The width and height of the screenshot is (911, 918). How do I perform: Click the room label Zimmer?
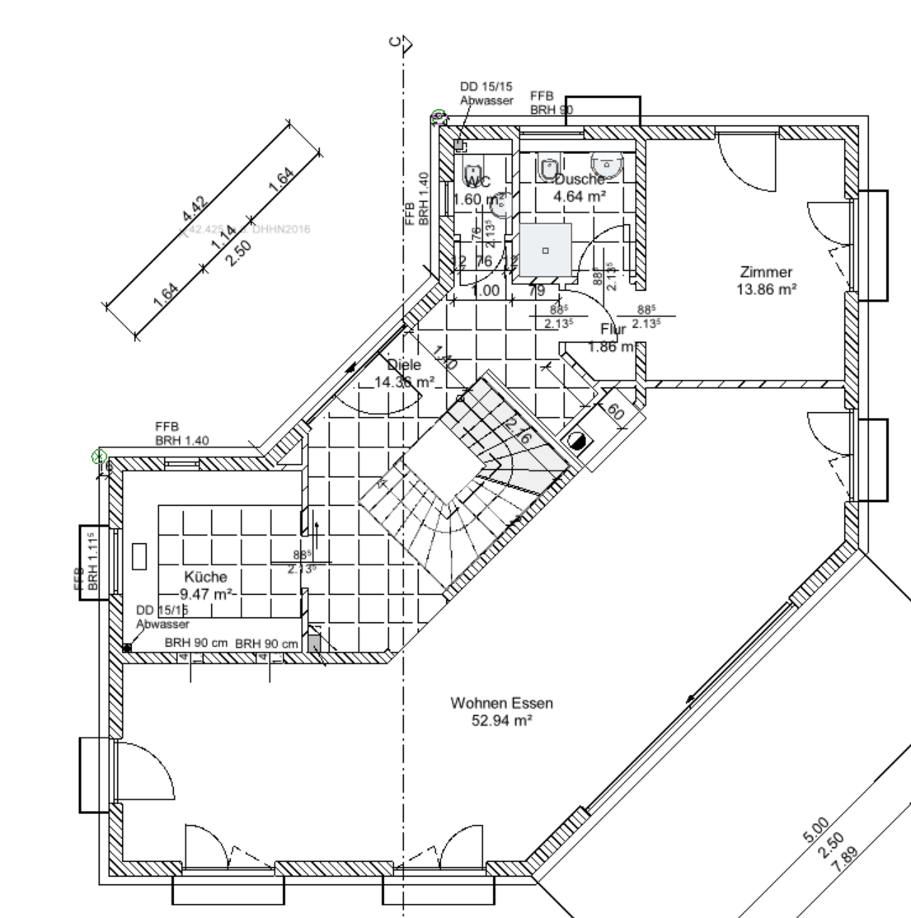point(766,272)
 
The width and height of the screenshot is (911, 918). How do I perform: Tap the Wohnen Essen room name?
point(501,704)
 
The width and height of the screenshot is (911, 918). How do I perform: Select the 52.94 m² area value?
point(501,719)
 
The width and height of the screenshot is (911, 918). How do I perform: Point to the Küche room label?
point(206,578)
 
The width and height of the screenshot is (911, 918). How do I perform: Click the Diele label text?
point(404,365)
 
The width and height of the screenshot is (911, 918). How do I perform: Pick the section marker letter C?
point(397,43)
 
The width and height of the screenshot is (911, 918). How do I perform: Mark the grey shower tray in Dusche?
point(545,249)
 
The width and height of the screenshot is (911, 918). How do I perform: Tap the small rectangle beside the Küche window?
point(138,556)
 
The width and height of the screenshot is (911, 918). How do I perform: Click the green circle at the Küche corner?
point(101,455)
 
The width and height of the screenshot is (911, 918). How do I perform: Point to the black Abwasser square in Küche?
point(127,648)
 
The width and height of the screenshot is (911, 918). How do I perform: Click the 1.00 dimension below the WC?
point(484,290)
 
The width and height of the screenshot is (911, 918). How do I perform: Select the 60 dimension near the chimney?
point(615,412)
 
